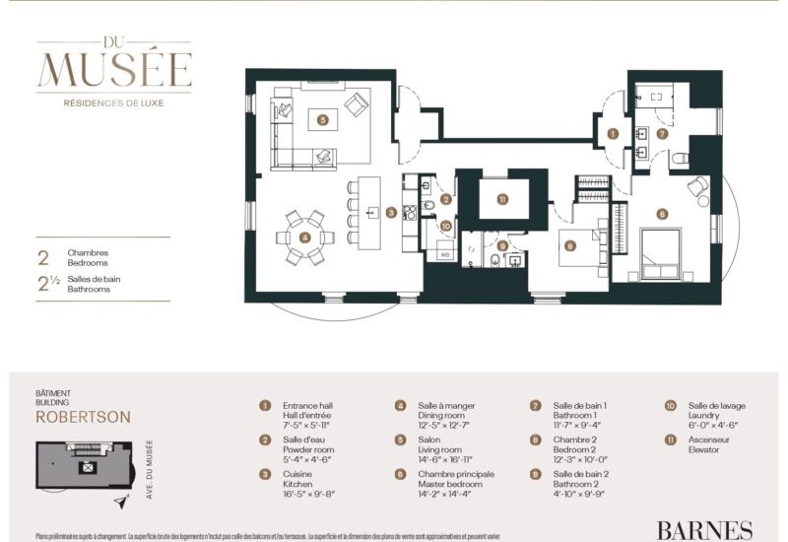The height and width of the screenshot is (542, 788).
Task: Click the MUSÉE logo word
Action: [x=113, y=69]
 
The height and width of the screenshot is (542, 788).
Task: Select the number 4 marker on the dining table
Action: [x=304, y=237]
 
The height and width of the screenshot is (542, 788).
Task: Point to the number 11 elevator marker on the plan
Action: [x=502, y=199]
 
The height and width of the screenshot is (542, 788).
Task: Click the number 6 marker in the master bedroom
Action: [x=662, y=213]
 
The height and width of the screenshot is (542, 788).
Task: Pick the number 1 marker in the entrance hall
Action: [x=613, y=133]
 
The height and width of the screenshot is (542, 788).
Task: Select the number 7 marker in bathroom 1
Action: [x=662, y=133]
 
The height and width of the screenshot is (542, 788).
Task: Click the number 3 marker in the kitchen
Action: [x=391, y=212]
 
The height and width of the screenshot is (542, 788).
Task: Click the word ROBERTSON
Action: [x=83, y=417]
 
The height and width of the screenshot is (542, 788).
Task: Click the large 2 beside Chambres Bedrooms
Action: [x=42, y=258]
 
